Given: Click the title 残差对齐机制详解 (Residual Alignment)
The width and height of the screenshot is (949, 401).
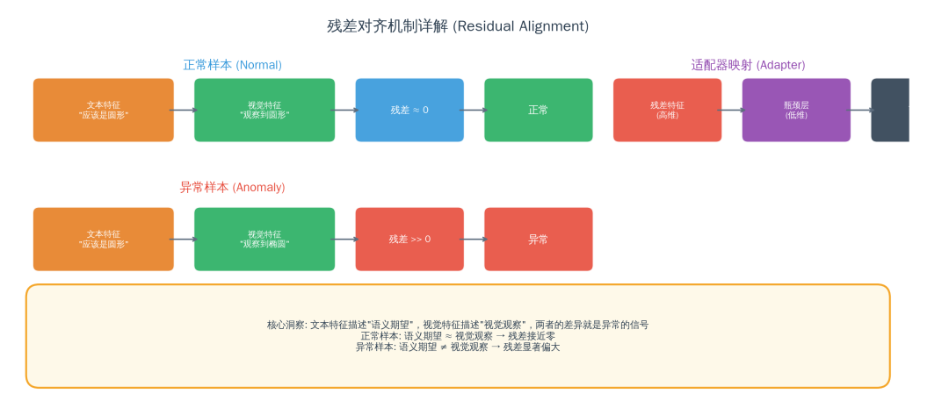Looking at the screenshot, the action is coord(458,26).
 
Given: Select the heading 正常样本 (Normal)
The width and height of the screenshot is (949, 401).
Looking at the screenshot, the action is coord(232,65).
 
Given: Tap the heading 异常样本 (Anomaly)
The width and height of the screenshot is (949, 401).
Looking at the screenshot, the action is coord(232,188).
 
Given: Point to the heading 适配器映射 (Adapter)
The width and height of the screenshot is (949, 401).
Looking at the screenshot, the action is coord(748,65).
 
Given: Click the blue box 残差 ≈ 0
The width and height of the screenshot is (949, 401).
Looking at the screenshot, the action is coord(409,110).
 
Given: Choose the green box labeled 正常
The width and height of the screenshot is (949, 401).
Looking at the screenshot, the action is coord(539,110).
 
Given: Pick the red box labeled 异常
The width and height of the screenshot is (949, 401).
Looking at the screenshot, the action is coord(539,239).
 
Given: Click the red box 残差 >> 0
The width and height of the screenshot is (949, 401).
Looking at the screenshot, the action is coord(409,239).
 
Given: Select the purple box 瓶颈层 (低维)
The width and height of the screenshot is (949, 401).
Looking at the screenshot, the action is coord(796,110).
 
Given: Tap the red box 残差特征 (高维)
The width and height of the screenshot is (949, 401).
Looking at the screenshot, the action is coord(668,110).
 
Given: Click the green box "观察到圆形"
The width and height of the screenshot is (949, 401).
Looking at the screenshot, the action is coord(264,110).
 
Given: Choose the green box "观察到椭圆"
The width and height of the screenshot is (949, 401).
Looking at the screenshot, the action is coord(264,239).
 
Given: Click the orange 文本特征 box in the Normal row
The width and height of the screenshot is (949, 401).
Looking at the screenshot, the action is coord(104,110).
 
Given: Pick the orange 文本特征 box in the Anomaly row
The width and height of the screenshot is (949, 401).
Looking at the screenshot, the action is coord(104,239).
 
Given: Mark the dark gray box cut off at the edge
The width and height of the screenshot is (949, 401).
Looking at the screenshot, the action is coord(890,110).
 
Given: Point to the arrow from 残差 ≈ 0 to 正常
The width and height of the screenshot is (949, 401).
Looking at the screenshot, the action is coord(474,110).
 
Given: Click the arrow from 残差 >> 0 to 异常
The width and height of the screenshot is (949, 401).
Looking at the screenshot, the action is coord(474,239).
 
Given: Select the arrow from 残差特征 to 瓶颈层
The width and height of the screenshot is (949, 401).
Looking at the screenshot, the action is coord(732,110).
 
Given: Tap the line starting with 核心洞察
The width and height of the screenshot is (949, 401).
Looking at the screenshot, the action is coord(458,325).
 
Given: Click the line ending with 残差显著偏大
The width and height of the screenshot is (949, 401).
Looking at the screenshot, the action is coord(458,347).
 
